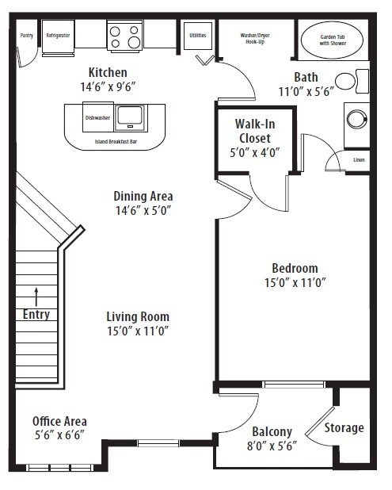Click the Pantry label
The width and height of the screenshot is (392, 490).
point(26,36)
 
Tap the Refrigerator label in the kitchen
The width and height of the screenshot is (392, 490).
point(58,36)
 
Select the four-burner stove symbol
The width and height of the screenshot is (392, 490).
point(124,35)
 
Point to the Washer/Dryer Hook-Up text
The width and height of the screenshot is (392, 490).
point(256,38)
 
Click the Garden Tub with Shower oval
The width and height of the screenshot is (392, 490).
point(333,39)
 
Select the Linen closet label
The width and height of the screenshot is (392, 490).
point(359,159)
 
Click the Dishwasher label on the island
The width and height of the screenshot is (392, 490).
point(98,117)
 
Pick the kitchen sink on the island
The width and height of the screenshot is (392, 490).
point(130,117)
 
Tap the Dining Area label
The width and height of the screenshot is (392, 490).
point(143,196)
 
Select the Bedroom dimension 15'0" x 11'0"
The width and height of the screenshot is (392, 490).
point(295,281)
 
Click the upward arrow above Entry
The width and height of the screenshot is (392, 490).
point(36,297)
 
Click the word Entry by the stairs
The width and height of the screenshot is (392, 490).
point(36,314)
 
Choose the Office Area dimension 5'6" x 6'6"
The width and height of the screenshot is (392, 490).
point(59,435)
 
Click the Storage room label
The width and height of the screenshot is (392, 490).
point(344,427)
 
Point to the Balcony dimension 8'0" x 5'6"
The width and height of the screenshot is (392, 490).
point(272,446)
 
